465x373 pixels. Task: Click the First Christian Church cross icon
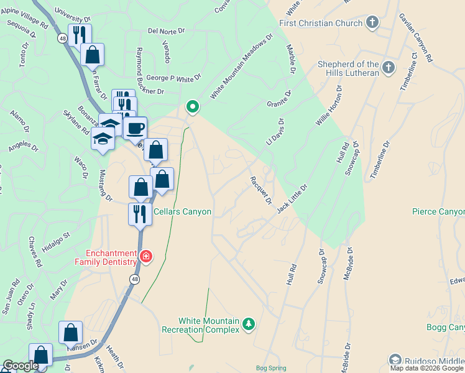372,23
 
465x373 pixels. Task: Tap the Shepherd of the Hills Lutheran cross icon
389,68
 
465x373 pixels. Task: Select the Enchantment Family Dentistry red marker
145,257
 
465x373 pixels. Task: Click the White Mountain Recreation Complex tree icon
249,324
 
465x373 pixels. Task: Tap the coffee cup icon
136,129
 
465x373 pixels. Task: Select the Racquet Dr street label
260,190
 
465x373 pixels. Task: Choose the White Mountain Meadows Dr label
242,67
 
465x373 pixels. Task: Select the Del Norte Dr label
167,30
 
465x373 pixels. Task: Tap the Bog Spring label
270,368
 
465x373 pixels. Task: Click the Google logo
20,366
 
